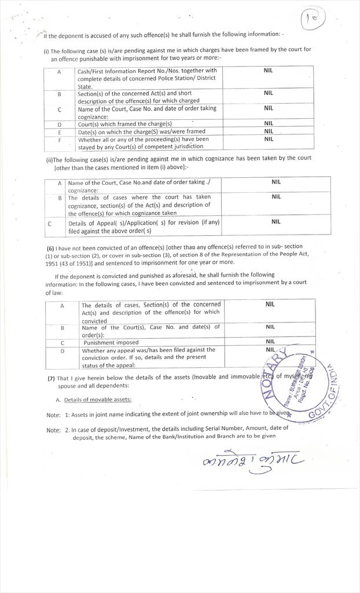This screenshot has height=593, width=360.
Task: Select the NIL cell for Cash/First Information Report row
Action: coord(268,71)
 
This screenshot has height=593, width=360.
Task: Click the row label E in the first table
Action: coord(60,131)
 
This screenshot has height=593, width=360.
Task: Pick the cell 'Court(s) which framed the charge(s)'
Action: coord(125,123)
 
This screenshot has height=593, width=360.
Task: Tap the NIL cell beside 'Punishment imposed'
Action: coord(270,342)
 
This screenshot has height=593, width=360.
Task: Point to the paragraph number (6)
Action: coord(50,247)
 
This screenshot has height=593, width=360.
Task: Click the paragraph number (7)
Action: coord(51,378)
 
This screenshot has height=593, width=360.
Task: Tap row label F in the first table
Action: coord(60,140)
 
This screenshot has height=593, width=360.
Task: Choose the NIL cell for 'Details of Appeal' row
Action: coord(275,221)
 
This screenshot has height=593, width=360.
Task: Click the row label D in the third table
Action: coord(62,350)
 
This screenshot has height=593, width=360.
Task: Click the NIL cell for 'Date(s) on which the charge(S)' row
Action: coord(268,131)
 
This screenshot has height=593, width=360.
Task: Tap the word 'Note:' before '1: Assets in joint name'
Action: coord(53,415)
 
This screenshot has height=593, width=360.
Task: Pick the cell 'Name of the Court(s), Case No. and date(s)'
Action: coord(150,330)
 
